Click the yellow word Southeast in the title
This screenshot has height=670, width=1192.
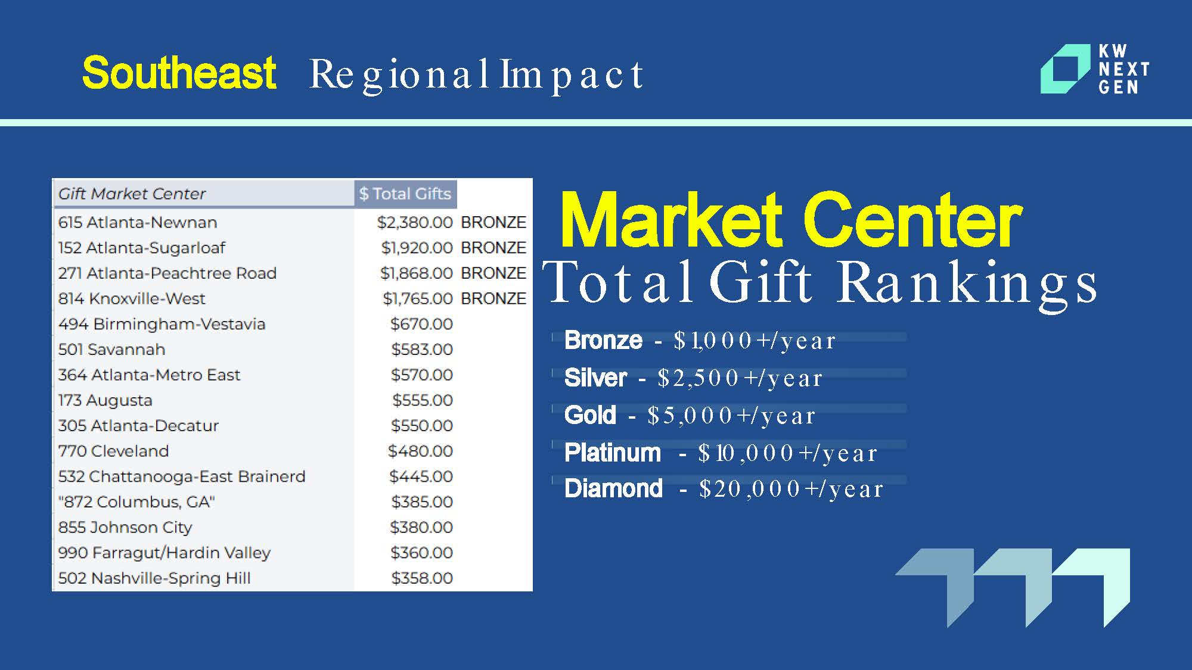tap(179, 73)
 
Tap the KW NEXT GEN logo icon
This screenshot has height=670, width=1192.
tap(1065, 69)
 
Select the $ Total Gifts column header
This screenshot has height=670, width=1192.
tap(405, 194)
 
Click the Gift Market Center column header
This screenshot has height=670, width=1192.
tap(132, 194)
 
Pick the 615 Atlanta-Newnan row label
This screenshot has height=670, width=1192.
tap(138, 222)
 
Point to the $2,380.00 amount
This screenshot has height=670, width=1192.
tap(415, 222)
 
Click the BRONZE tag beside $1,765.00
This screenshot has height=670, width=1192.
tap(493, 298)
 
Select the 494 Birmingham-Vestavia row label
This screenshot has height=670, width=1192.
tap(162, 324)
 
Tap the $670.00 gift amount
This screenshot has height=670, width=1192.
tap(421, 324)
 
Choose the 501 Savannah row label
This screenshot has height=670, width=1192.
tap(111, 349)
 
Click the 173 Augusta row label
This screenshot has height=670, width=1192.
tap(105, 400)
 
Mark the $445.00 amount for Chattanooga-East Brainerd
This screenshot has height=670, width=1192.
tap(421, 476)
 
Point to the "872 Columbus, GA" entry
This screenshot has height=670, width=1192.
tap(136, 502)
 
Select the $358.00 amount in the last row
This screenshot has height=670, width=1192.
tap(422, 578)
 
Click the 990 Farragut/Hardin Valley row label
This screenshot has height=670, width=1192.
tap(164, 553)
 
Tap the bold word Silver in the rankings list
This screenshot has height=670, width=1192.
tap(595, 378)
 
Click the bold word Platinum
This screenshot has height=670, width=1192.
tap(613, 453)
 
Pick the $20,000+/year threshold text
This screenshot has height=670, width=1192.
tap(791, 489)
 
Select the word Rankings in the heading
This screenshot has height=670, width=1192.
tap(967, 282)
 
